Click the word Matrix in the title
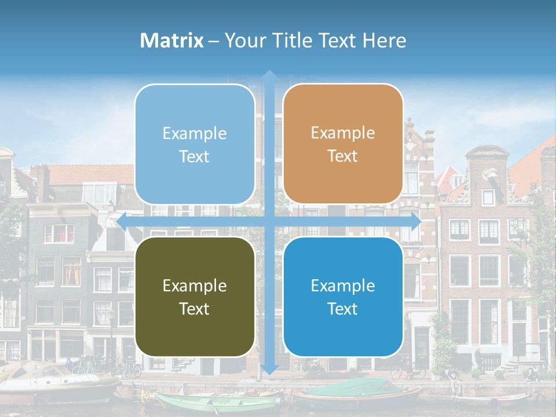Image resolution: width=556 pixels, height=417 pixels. click(172, 41)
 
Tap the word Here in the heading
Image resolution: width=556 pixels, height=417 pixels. click(384, 41)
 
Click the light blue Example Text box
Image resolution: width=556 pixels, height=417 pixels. click(195, 144)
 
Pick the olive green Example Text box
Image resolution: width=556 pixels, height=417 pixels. click(195, 297)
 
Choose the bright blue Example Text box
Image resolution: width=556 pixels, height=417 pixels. click(343, 297)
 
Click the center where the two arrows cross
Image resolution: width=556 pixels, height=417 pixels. click(269, 221)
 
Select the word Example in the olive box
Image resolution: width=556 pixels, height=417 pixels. click(195, 286)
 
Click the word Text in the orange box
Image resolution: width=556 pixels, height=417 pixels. click(343, 156)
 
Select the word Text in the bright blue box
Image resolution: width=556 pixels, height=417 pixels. click(343, 309)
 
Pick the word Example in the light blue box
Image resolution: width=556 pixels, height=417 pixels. click(195, 134)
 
